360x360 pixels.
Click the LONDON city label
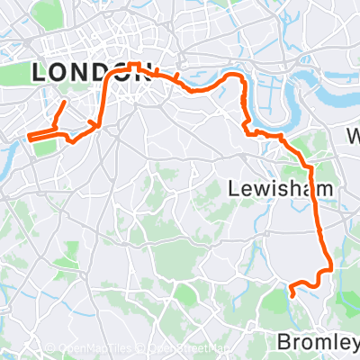(x=90, y=74)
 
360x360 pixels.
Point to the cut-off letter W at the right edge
(x=354, y=138)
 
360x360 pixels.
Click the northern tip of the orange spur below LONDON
(x=64, y=102)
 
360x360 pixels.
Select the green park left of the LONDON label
(x=18, y=72)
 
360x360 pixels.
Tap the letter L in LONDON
(x=40, y=74)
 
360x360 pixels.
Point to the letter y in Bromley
(x=354, y=345)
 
